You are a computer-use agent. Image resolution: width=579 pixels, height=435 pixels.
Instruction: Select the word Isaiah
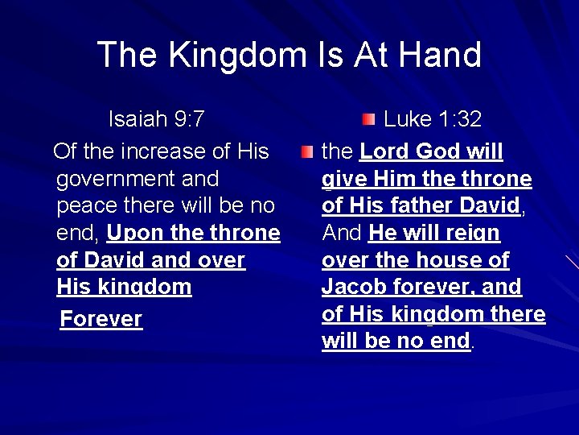pos(137,120)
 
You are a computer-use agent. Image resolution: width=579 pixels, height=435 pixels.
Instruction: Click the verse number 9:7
pos(187,120)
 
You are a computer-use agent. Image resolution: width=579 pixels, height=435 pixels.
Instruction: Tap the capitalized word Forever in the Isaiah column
pos(101,319)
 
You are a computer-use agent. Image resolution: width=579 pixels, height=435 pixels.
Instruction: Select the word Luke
pos(408,120)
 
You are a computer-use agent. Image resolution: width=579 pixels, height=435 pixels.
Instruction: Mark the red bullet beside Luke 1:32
pos(368,120)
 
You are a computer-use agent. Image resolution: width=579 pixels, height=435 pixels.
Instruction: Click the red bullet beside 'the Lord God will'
pos(307,151)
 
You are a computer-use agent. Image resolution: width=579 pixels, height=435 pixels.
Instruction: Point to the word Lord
pos(385,151)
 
